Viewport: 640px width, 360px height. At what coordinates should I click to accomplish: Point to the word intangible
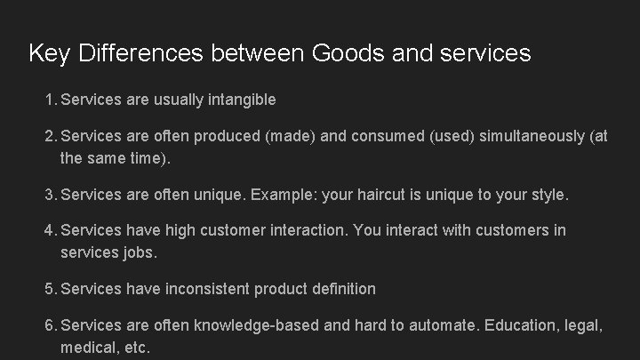241,100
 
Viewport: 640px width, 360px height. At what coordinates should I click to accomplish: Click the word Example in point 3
292,193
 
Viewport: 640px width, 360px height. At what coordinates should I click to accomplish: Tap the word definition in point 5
342,289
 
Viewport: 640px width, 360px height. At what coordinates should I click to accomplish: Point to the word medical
85,348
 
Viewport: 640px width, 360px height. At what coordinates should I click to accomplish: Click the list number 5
49,289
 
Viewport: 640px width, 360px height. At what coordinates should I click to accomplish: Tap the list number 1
49,100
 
